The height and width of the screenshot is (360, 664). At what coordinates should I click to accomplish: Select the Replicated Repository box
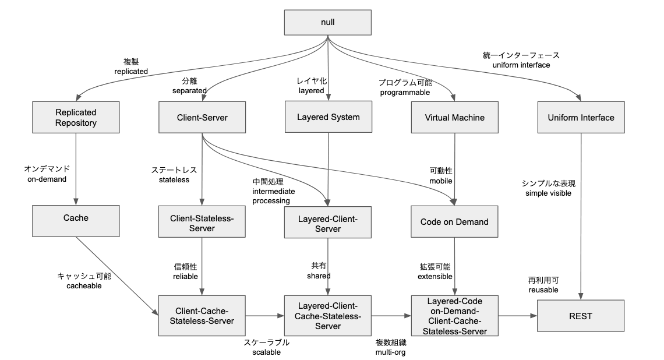(x=76, y=117)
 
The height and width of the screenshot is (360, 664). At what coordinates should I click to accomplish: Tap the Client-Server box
(x=202, y=117)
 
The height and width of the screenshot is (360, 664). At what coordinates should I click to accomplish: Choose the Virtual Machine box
(x=455, y=117)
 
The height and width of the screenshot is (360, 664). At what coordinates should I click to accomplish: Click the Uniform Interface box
(x=581, y=117)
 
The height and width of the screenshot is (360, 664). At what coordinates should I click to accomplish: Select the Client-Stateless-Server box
(x=202, y=223)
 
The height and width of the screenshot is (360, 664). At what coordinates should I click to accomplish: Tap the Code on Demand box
(x=454, y=223)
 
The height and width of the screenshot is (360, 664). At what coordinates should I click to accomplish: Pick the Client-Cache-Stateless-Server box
(x=202, y=315)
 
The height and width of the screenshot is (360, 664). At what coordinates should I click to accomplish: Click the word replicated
(x=132, y=71)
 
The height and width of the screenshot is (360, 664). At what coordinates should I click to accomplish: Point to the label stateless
(x=174, y=180)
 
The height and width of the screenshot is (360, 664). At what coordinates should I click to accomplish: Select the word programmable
(x=404, y=92)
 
